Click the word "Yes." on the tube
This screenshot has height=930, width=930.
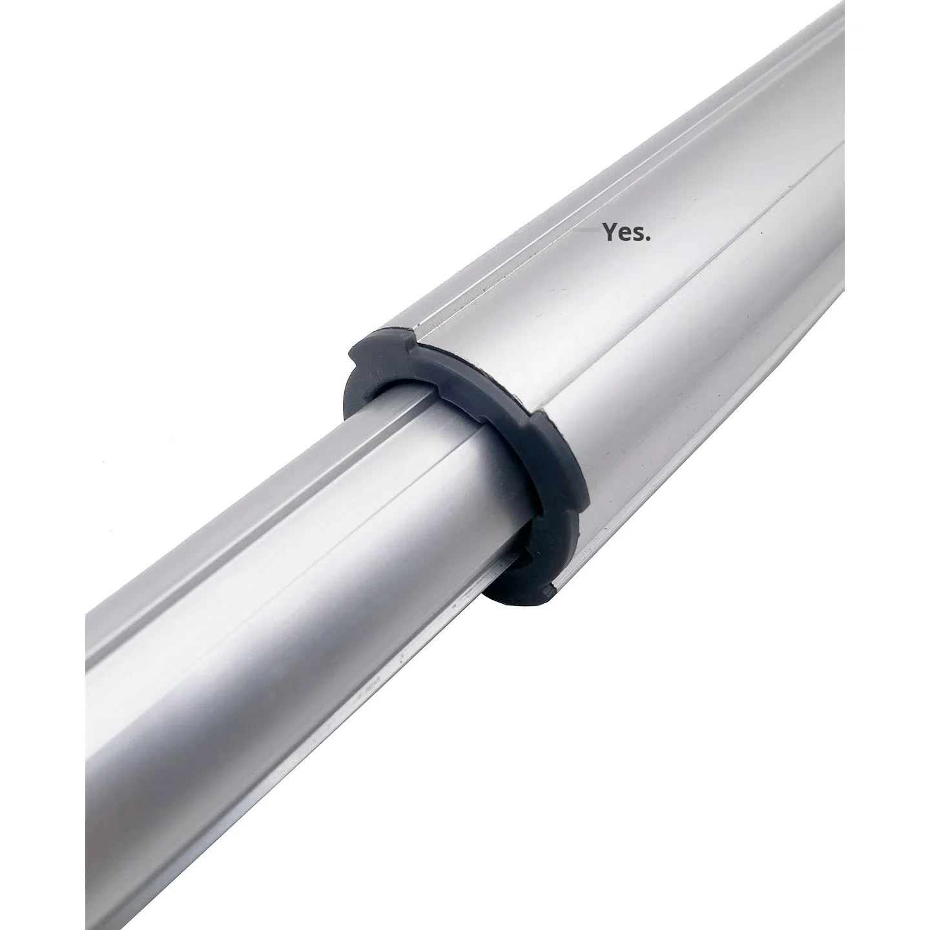pos(626,232)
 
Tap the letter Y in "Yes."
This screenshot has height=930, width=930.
pos(609,232)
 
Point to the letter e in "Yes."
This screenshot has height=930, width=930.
pos(623,234)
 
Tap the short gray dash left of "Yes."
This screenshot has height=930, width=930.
pos(584,228)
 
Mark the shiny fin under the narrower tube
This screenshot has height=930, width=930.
pos(387,652)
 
